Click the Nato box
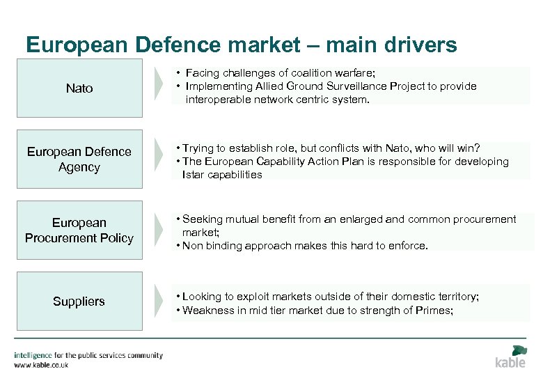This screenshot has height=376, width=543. [x=79, y=88]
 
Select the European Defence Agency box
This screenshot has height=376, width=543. [x=79, y=159]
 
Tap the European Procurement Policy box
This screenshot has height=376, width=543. [x=79, y=230]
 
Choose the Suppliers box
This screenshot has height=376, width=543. [x=79, y=301]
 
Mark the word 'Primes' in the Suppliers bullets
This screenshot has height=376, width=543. [x=432, y=311]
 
